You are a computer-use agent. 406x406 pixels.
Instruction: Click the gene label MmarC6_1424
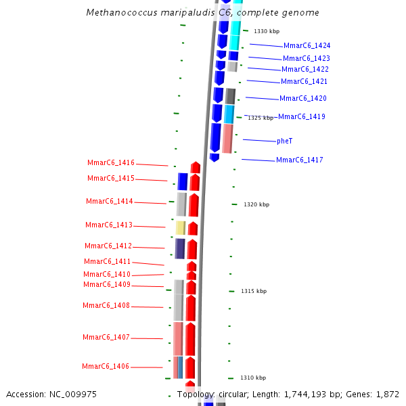[307, 46]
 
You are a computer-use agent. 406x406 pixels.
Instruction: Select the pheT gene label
[284, 141]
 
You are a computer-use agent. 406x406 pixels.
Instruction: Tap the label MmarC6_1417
[299, 160]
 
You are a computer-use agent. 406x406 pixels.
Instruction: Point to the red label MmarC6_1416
[111, 163]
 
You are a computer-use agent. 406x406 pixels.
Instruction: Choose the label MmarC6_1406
[106, 367]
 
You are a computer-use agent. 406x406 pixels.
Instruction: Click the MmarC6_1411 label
[108, 262]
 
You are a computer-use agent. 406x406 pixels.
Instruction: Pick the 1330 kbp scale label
[267, 31]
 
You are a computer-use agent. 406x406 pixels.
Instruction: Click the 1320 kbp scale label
[256, 204]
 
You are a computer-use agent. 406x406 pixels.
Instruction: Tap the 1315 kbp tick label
[254, 291]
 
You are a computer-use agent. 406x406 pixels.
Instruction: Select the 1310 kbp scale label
[253, 378]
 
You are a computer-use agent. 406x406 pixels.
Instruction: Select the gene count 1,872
[388, 394]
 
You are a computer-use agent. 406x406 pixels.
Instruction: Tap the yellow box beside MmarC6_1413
[181, 228]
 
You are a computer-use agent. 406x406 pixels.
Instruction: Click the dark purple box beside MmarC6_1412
[180, 248]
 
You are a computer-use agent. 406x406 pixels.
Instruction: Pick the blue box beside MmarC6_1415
[183, 181]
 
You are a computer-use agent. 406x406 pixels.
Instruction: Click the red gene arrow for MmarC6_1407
[191, 339]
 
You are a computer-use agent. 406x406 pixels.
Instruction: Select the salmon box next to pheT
[227, 138]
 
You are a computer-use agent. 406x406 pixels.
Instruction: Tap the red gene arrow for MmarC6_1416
[196, 167]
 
